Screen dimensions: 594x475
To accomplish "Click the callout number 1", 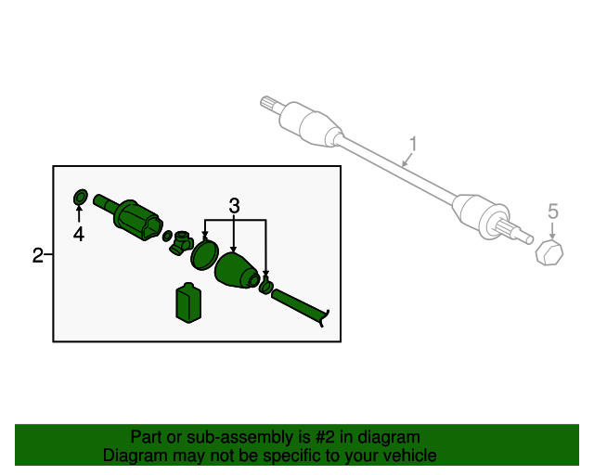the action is [414, 144].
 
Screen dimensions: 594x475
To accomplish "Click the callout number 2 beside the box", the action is [37, 255].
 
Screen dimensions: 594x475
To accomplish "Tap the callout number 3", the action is [234, 204].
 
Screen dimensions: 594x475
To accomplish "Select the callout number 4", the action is [79, 235].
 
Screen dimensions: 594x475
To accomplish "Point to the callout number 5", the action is [553, 212].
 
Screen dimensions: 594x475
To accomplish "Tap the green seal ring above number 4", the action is [80, 197].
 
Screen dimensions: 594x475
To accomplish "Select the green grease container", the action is [188, 304].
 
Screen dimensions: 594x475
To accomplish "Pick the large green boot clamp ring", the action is [204, 253].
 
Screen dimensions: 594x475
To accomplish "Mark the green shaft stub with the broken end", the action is [302, 305].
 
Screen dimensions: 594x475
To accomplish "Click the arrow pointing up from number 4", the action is [79, 216].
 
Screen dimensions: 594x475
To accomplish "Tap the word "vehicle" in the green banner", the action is [407, 456].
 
